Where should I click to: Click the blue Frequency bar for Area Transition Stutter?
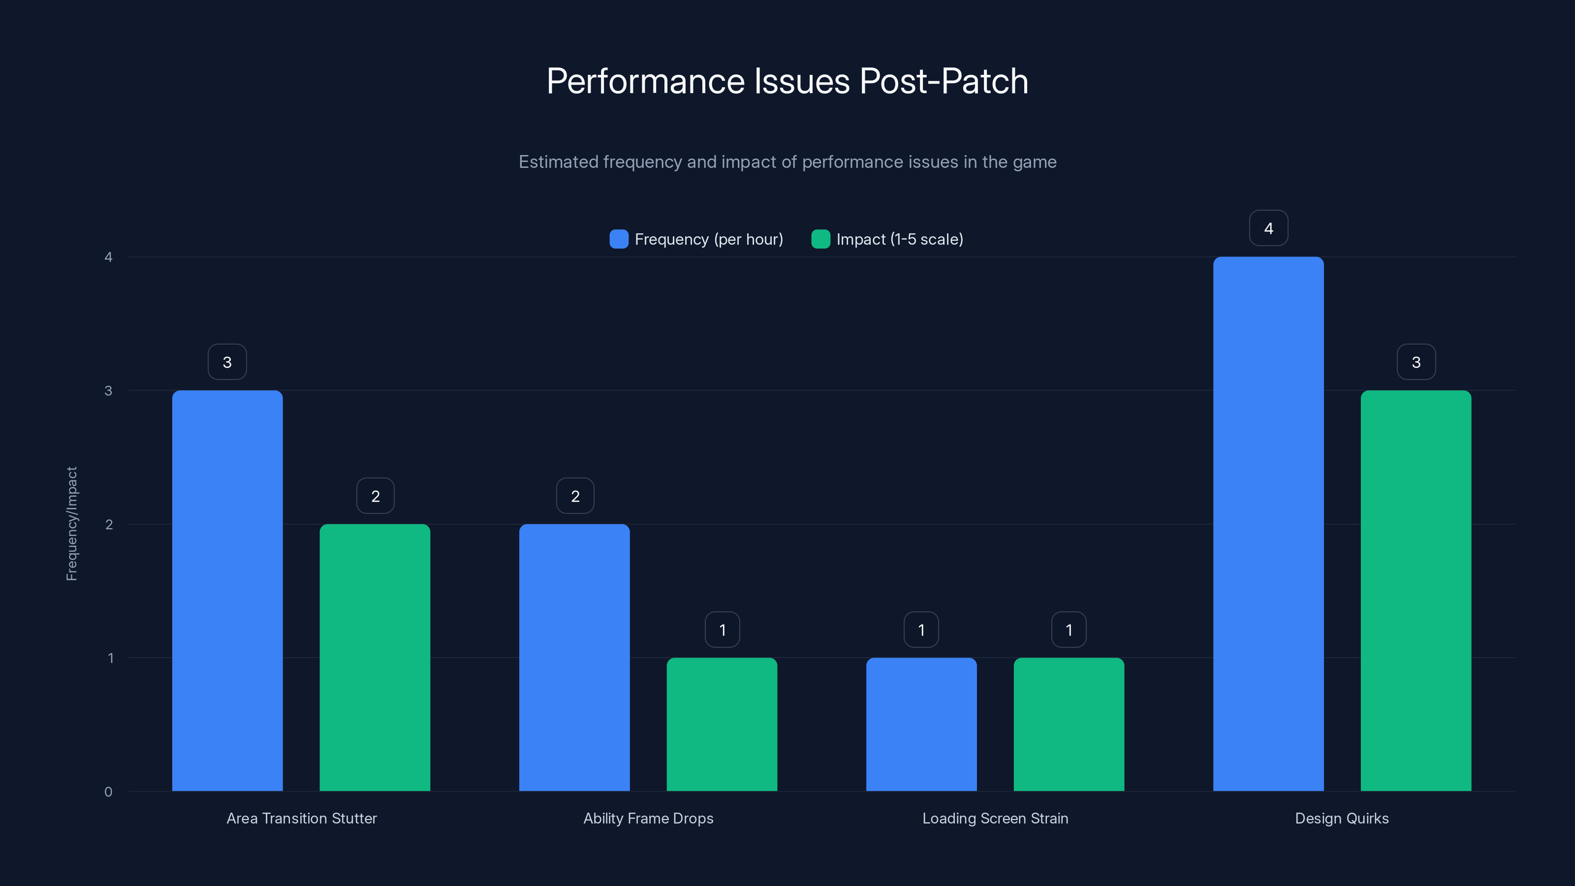pos(227,590)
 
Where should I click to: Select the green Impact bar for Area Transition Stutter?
pos(375,657)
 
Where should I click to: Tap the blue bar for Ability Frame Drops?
pos(574,657)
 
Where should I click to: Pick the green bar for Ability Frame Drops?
pos(722,724)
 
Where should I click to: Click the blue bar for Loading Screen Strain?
pos(921,724)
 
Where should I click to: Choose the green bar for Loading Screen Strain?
pos(1069,724)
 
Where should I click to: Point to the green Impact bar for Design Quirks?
pos(1416,590)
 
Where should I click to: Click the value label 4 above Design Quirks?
pos(1268,228)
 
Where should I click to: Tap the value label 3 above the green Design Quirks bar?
pos(1416,362)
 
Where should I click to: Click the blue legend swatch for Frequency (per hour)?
pos(619,239)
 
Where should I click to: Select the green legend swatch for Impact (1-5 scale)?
pos(820,239)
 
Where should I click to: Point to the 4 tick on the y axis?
pos(108,257)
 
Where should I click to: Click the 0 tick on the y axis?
pos(108,792)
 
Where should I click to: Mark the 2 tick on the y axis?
pos(108,524)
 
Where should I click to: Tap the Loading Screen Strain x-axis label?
pos(995,818)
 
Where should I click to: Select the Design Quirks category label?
pos(1341,818)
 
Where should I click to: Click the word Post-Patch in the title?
pos(944,81)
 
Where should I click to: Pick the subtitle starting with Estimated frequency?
pos(787,162)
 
